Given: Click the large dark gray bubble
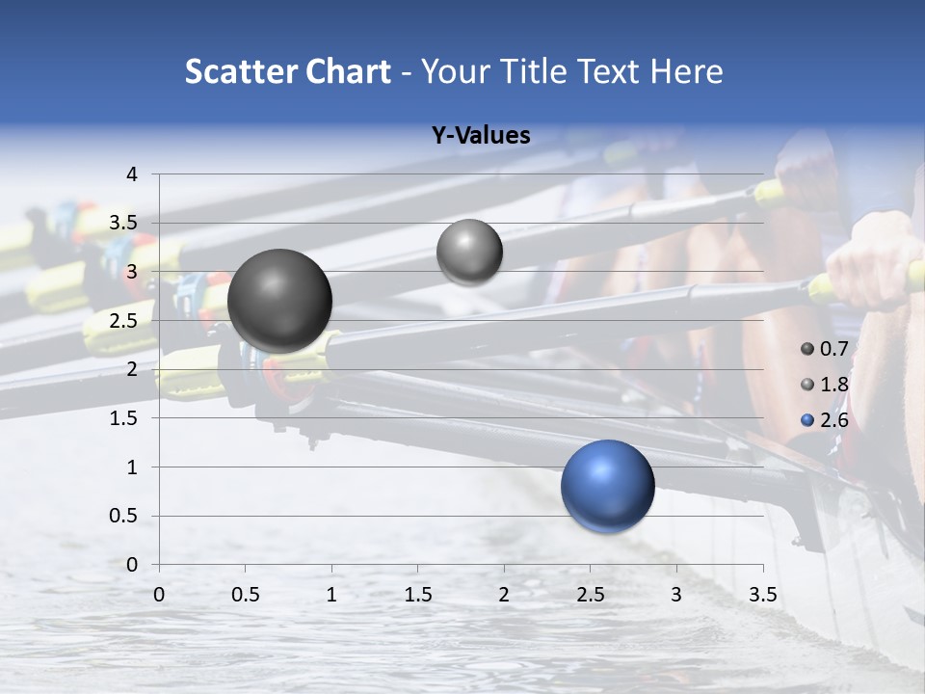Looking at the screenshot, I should tap(280, 301).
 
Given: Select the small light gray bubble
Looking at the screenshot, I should tap(469, 253).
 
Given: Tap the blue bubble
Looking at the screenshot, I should tap(607, 486).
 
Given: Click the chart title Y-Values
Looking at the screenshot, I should tap(481, 136).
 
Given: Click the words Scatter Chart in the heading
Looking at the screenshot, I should tap(287, 71).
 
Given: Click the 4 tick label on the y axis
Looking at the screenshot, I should tap(132, 174).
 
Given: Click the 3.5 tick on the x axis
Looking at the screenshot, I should tap(763, 595).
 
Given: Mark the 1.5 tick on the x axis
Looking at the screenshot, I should tap(418, 595).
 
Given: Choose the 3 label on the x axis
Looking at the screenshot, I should tap(676, 595).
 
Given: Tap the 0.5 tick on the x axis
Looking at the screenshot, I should tap(246, 595).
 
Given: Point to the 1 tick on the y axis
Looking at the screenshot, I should tap(132, 467).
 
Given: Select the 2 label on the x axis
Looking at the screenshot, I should tap(504, 595).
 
